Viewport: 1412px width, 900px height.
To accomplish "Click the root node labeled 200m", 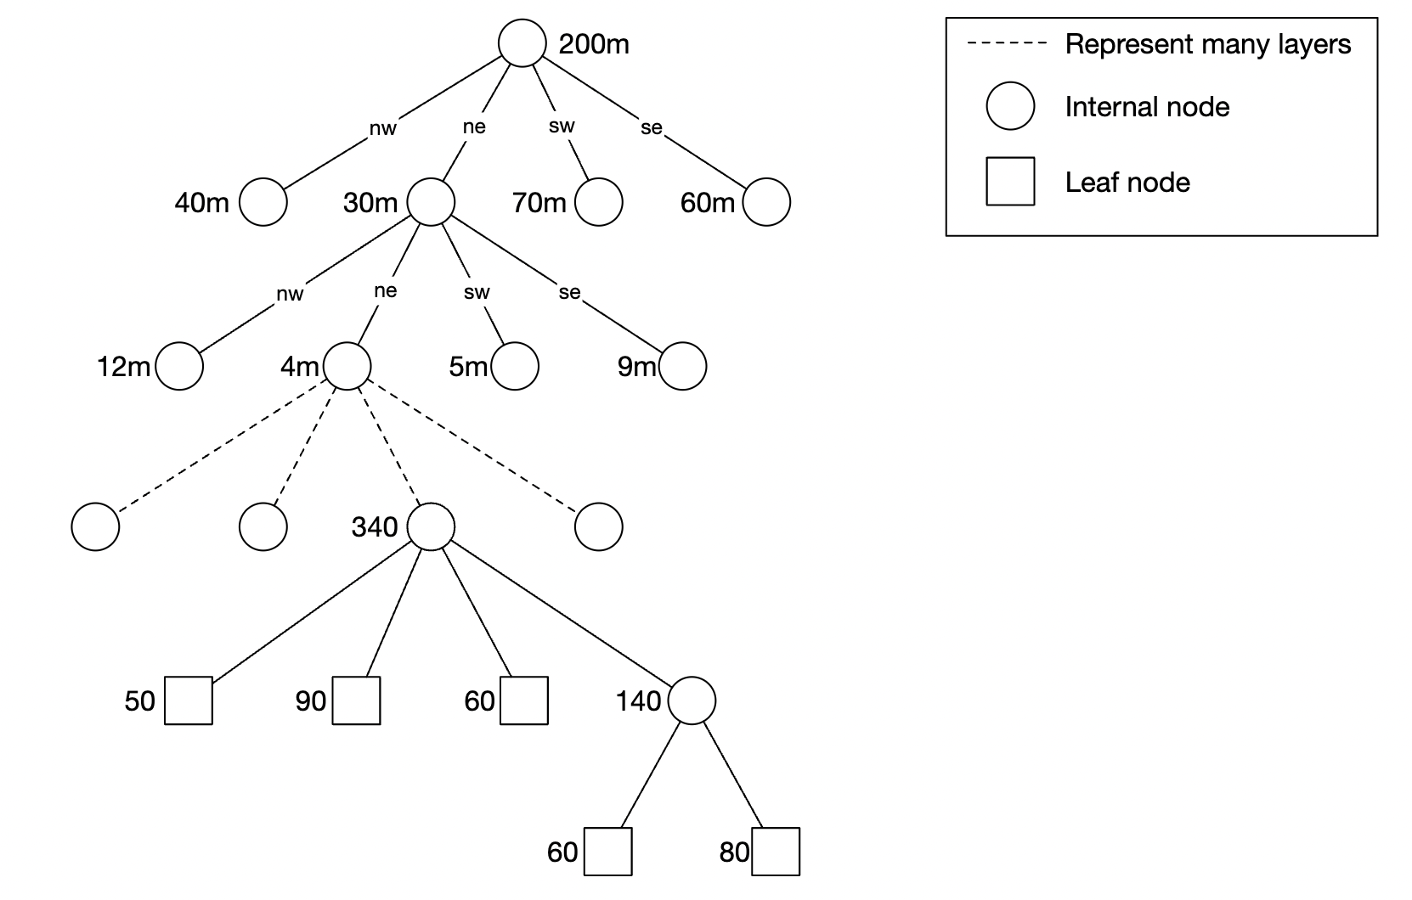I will click(x=521, y=43).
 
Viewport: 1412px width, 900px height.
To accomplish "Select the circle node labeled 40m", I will click(x=263, y=202).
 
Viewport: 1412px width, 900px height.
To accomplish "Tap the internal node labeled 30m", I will click(x=432, y=202).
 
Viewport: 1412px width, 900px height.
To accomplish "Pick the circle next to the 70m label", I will click(x=599, y=202).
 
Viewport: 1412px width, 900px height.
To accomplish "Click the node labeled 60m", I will click(x=766, y=202).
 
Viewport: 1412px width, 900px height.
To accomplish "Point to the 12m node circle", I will click(x=179, y=366).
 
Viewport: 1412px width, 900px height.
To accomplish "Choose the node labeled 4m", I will click(x=347, y=366).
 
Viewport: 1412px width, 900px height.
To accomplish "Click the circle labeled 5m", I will click(x=515, y=366).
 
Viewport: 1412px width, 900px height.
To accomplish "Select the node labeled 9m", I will click(x=683, y=366).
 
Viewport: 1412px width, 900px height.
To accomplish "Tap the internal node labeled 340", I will click(x=432, y=526).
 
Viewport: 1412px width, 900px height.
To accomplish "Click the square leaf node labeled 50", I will click(x=188, y=700).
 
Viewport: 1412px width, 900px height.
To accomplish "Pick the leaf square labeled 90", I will click(x=356, y=700).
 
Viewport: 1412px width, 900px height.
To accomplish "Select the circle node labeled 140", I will click(x=692, y=700).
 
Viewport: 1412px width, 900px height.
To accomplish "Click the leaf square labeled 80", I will click(x=776, y=851).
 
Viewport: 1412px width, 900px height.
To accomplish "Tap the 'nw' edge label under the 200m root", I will click(x=383, y=129).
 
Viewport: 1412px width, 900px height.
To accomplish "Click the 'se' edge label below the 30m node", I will click(x=569, y=293).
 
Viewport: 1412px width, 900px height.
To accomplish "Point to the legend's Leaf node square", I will click(x=1010, y=182).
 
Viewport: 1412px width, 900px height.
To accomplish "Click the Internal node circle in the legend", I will click(x=1010, y=106).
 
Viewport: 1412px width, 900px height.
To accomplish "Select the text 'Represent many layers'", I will click(x=1207, y=44).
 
